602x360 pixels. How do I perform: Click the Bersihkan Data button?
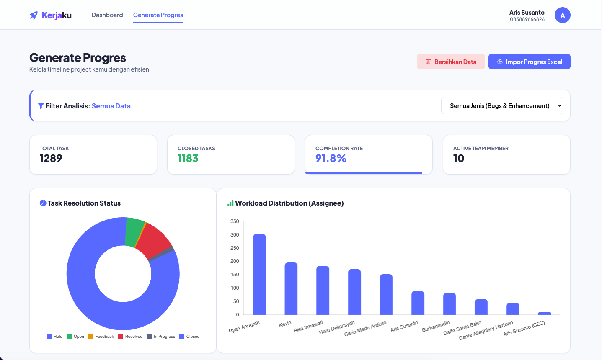click(x=451, y=62)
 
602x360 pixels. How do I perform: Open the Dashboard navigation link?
click(x=107, y=15)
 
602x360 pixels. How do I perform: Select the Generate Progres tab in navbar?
click(x=158, y=15)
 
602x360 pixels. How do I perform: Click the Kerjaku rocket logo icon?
click(x=34, y=15)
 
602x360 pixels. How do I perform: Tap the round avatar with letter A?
click(x=562, y=15)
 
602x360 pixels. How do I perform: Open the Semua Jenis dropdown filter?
click(x=502, y=106)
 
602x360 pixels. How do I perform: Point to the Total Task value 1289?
click(x=51, y=159)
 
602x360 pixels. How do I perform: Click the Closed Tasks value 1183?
click(x=188, y=159)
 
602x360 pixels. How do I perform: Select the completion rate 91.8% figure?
click(x=331, y=159)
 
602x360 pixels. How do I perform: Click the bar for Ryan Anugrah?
click(x=259, y=274)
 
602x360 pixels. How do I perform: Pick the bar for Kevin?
click(x=291, y=288)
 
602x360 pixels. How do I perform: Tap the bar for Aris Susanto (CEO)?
click(x=544, y=313)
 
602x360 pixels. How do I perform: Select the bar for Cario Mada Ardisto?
click(x=386, y=294)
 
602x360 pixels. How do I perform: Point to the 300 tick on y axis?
click(x=235, y=235)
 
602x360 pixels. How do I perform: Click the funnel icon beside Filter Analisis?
click(x=41, y=106)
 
